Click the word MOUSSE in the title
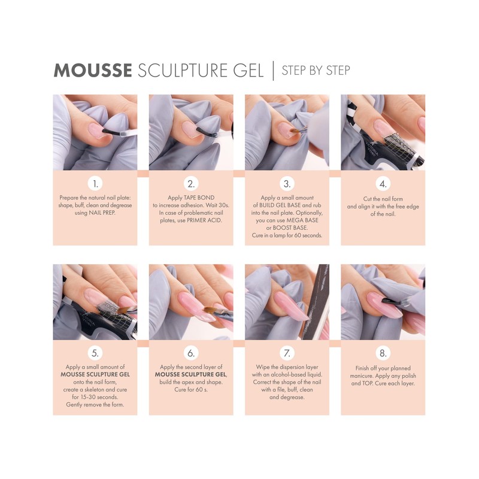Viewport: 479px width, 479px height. point(92,70)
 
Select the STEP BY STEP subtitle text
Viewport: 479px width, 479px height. point(316,70)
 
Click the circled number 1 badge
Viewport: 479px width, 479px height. point(95,183)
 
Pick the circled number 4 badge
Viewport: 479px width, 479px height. point(383,183)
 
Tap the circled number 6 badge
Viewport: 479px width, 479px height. point(191,353)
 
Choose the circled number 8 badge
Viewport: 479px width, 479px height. point(383,353)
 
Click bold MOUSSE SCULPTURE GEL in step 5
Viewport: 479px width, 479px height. point(95,374)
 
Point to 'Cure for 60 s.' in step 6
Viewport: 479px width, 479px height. point(190,390)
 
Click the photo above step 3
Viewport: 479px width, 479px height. point(287,132)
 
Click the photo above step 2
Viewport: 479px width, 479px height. point(191,132)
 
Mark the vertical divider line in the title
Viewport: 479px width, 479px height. point(273,70)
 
